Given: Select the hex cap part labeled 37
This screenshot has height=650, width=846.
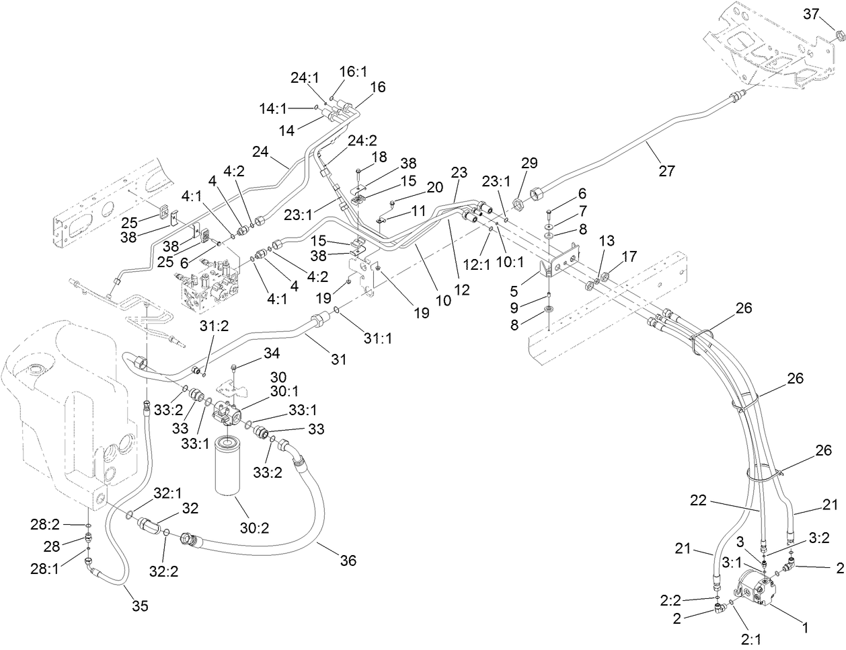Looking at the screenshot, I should (838, 35).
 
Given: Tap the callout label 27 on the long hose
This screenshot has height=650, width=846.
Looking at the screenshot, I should (666, 170).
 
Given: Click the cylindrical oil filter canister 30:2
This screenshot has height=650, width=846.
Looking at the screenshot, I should (232, 464).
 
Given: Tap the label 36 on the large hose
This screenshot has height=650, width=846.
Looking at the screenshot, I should (348, 560).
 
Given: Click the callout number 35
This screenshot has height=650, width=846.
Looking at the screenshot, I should (139, 606).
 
